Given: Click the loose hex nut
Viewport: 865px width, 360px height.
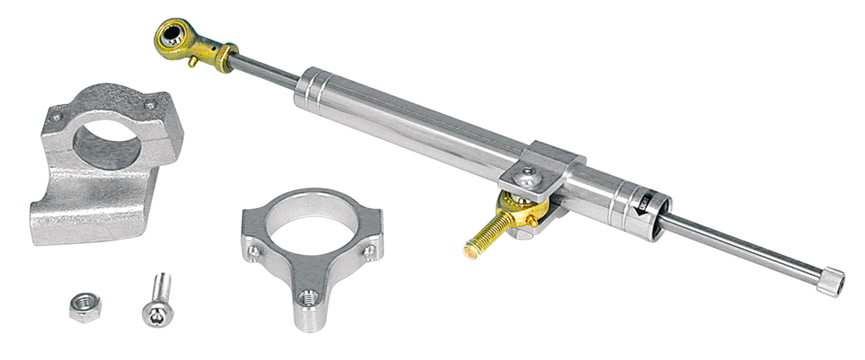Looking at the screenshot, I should [x=81, y=307].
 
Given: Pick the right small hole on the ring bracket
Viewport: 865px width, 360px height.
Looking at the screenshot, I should [x=370, y=251].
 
